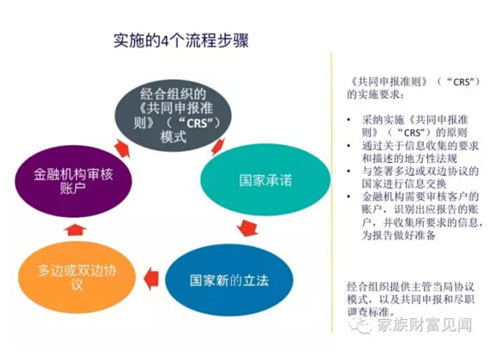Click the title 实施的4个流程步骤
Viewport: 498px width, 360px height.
181,40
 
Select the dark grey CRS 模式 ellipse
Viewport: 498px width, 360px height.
173,115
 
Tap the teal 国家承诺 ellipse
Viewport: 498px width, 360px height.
265,180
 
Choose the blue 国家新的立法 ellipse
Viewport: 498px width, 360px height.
229,280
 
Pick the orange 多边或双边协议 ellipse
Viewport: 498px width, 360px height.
77,277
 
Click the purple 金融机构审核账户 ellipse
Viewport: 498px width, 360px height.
73,181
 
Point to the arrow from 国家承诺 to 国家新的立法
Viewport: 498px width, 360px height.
247,228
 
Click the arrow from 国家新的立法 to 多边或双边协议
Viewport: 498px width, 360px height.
151,279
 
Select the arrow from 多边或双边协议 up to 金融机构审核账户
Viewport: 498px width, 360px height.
75,229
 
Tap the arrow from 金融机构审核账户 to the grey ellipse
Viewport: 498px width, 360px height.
122,148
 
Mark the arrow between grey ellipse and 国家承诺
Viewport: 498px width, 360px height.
218,146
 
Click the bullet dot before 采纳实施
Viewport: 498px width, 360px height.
349,120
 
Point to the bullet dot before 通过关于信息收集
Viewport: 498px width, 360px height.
349,146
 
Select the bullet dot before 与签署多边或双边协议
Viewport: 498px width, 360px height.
349,171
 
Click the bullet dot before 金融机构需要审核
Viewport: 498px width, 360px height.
349,196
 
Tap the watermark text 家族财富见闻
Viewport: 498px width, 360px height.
425,325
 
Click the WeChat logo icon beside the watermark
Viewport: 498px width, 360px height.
361,325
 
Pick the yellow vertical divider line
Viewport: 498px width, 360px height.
332,193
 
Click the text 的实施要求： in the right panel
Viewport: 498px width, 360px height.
375,95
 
